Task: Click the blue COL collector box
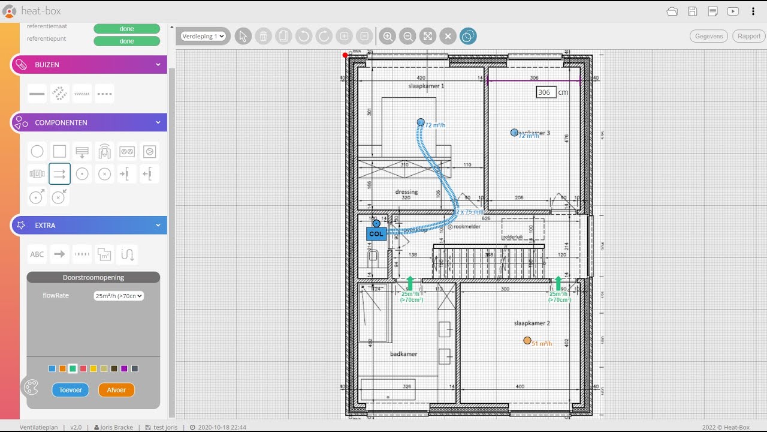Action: tap(376, 234)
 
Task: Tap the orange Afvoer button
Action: tap(116, 390)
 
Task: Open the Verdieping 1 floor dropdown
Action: tap(204, 37)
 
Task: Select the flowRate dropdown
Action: tap(119, 296)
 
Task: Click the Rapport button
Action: tap(748, 36)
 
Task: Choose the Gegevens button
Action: tap(709, 36)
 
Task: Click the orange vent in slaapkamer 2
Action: tap(527, 340)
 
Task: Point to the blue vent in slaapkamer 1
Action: tap(421, 122)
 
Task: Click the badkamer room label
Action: tap(403, 354)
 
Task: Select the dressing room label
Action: tap(406, 192)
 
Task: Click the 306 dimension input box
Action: tap(546, 92)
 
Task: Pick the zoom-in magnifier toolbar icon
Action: tap(388, 37)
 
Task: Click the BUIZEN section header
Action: tap(89, 65)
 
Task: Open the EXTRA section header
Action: tap(89, 226)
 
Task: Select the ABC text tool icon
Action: tap(37, 254)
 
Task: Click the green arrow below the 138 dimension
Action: tap(410, 283)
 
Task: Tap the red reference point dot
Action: tap(345, 55)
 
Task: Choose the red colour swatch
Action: tap(83, 368)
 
